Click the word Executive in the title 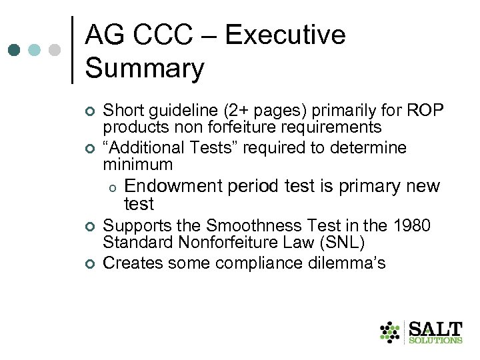(285, 35)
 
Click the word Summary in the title (145, 69)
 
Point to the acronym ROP (425, 110)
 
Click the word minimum (137, 164)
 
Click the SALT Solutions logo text (435, 331)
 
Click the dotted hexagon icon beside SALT (389, 331)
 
